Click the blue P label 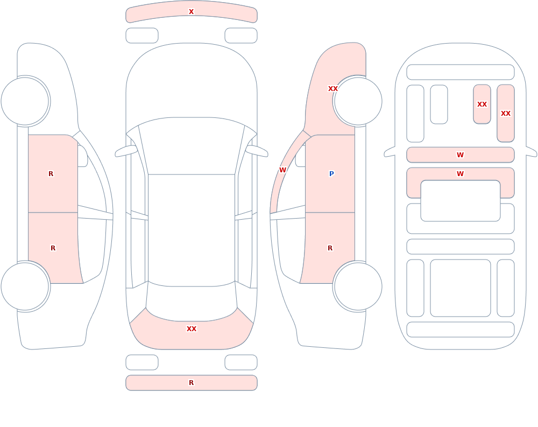tap(331, 174)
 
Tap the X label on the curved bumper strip tap(192, 12)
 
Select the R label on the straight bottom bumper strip tap(192, 383)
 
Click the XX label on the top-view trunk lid tap(192, 329)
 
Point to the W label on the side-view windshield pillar tap(283, 170)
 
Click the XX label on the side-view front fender tap(333, 89)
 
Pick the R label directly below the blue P tap(330, 248)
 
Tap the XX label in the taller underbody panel tap(506, 114)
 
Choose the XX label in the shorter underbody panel tap(482, 104)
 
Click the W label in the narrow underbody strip tap(461, 155)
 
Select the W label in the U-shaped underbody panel tap(461, 174)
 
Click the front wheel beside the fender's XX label tap(358, 101)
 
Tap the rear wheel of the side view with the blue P tap(358, 286)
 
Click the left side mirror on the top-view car tap(126, 151)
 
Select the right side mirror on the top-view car tap(257, 151)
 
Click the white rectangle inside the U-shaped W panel tap(461, 201)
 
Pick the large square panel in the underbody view tap(461, 288)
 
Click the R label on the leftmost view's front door tap(51, 174)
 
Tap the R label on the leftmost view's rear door tap(53, 248)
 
